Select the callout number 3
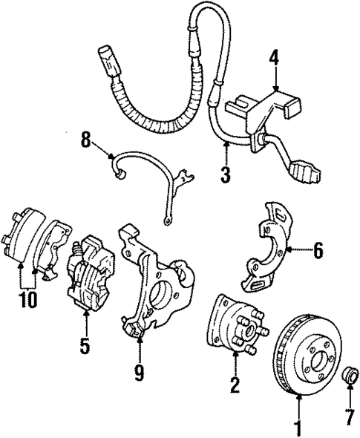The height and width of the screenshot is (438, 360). click(x=225, y=175)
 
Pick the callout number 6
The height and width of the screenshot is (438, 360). click(x=318, y=251)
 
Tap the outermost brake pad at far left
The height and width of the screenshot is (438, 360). click(x=22, y=238)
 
